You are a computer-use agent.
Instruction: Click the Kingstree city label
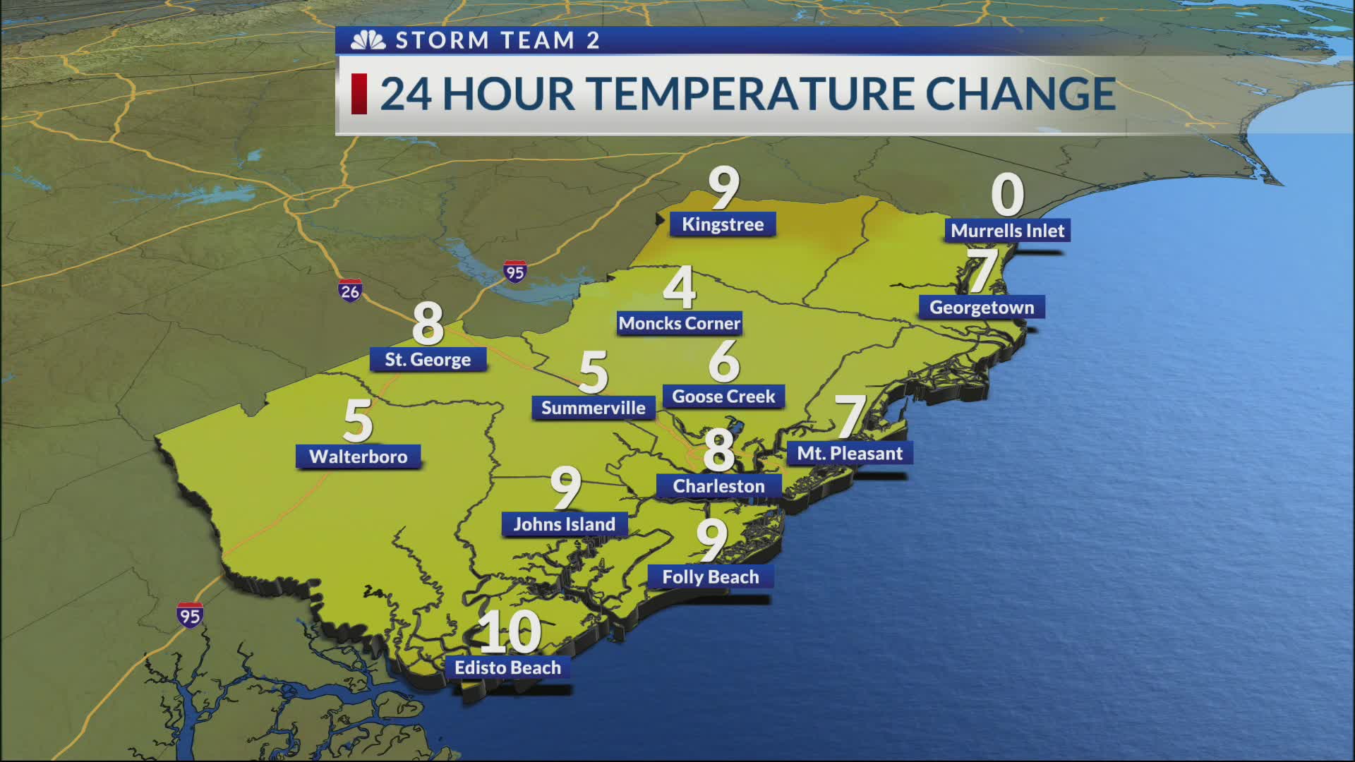point(723,224)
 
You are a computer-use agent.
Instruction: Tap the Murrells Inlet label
point(1007,231)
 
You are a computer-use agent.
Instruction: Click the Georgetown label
point(981,308)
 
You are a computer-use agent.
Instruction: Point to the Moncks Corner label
point(679,324)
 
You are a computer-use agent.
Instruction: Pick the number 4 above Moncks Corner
point(680,288)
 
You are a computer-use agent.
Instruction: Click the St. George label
point(428,360)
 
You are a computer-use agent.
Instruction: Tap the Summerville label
point(593,408)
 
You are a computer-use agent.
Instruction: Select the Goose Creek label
point(723,397)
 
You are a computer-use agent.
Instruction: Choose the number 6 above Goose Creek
point(724,361)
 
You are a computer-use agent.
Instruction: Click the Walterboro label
point(359,456)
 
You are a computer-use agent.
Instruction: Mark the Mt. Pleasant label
point(850,454)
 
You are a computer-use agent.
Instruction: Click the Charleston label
point(718,486)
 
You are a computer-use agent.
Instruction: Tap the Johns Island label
point(564,524)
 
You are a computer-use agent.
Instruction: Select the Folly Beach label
point(711,577)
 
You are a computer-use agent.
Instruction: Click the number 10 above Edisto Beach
point(510,632)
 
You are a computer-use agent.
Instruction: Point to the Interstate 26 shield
point(350,290)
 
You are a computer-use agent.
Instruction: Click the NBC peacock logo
point(368,41)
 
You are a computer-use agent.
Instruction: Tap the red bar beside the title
point(359,94)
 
